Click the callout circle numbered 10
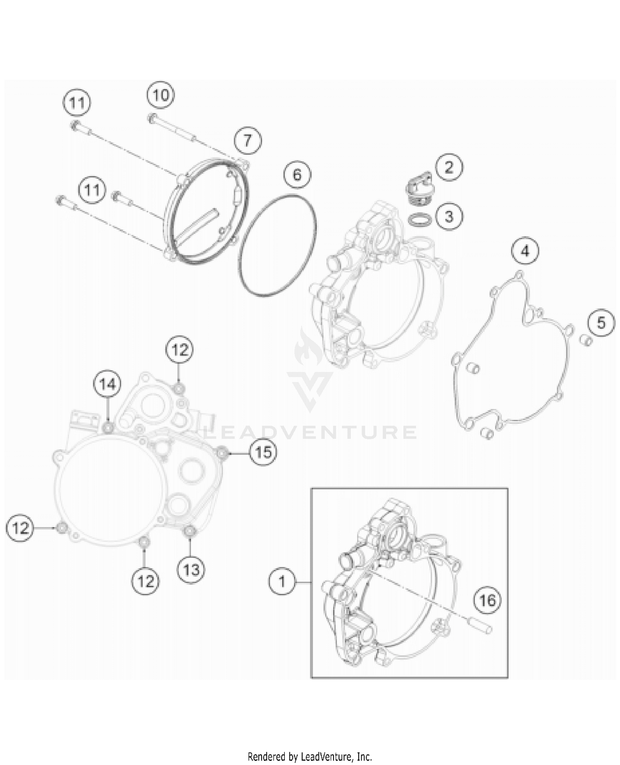161,95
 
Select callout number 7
247,140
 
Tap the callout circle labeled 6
297,175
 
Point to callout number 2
449,167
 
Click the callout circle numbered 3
449,216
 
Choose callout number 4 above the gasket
525,251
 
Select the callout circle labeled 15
263,453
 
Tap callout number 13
191,570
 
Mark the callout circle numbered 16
487,600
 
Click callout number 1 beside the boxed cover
282,582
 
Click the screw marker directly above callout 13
189,531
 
